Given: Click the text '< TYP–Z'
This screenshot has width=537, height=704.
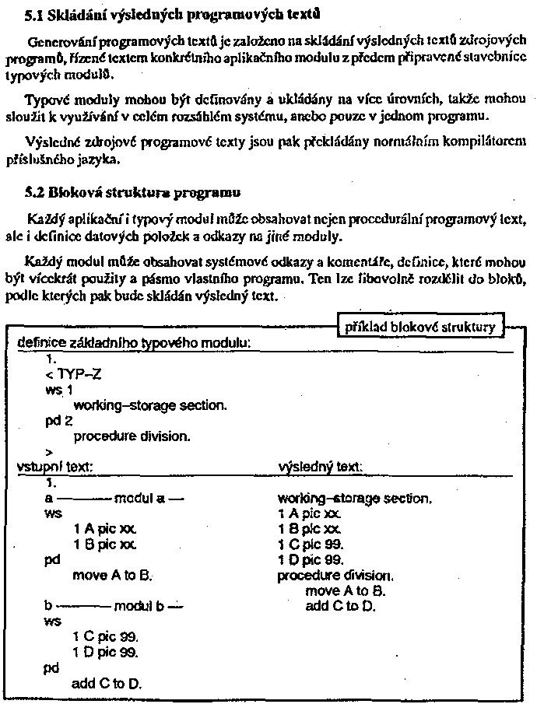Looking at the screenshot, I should click(73, 373).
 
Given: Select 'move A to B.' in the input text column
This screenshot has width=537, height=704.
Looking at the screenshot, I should click(111, 575).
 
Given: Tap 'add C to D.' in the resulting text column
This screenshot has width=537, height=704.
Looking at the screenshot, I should click(341, 606).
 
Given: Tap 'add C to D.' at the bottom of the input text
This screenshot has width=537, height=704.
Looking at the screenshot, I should click(107, 684).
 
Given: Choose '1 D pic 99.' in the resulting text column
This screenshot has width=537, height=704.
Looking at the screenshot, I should click(311, 559).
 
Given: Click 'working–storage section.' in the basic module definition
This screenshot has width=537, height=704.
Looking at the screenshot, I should click(150, 405).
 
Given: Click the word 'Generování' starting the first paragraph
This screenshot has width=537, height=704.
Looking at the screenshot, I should click(57, 40).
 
